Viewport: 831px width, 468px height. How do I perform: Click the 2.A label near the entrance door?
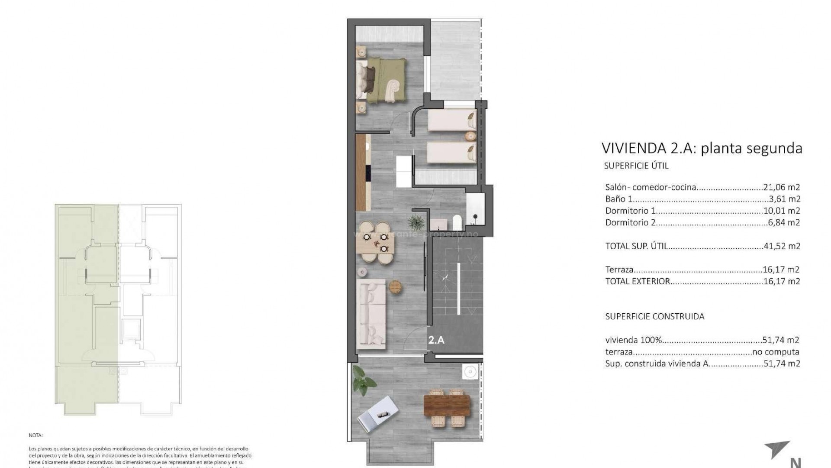[x=436, y=340]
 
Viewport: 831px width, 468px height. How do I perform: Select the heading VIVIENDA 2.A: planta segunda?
[x=702, y=148]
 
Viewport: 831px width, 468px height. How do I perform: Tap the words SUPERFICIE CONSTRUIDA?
[x=654, y=316]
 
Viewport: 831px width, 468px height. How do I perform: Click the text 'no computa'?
[x=776, y=352]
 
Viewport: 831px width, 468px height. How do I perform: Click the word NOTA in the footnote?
[x=36, y=435]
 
